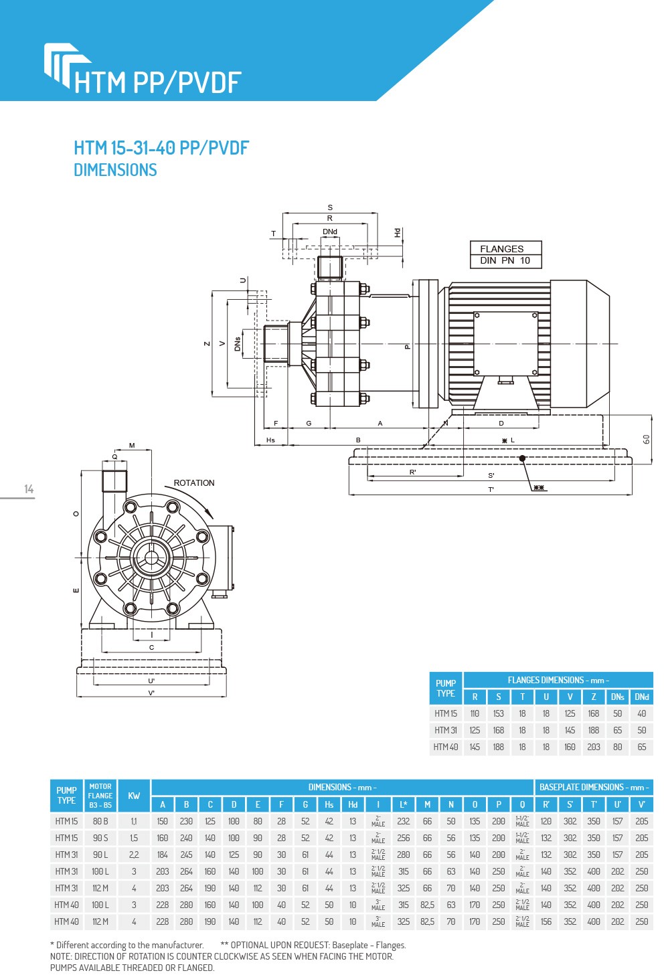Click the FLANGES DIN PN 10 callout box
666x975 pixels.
[x=505, y=254]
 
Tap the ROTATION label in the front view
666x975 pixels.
[x=193, y=483]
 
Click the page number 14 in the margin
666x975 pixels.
[x=29, y=489]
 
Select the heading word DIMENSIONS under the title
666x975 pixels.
[x=115, y=170]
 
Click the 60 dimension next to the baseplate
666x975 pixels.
[x=646, y=439]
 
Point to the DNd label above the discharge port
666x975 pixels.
[x=330, y=232]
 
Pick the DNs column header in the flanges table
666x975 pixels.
[x=617, y=697]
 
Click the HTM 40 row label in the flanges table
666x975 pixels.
[x=446, y=747]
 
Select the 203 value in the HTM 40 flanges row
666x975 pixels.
[x=594, y=747]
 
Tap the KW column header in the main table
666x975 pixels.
[x=134, y=796]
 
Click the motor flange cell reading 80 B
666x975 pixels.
[x=100, y=821]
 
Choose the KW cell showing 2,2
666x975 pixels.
[x=134, y=855]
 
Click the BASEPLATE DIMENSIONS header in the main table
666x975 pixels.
[x=594, y=788]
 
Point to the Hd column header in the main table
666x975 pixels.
[x=353, y=804]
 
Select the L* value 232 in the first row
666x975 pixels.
[x=404, y=821]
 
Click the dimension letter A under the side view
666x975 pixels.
[x=380, y=424]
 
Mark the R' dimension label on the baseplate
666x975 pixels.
[x=413, y=472]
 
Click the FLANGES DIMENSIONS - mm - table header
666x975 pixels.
[x=558, y=680]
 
